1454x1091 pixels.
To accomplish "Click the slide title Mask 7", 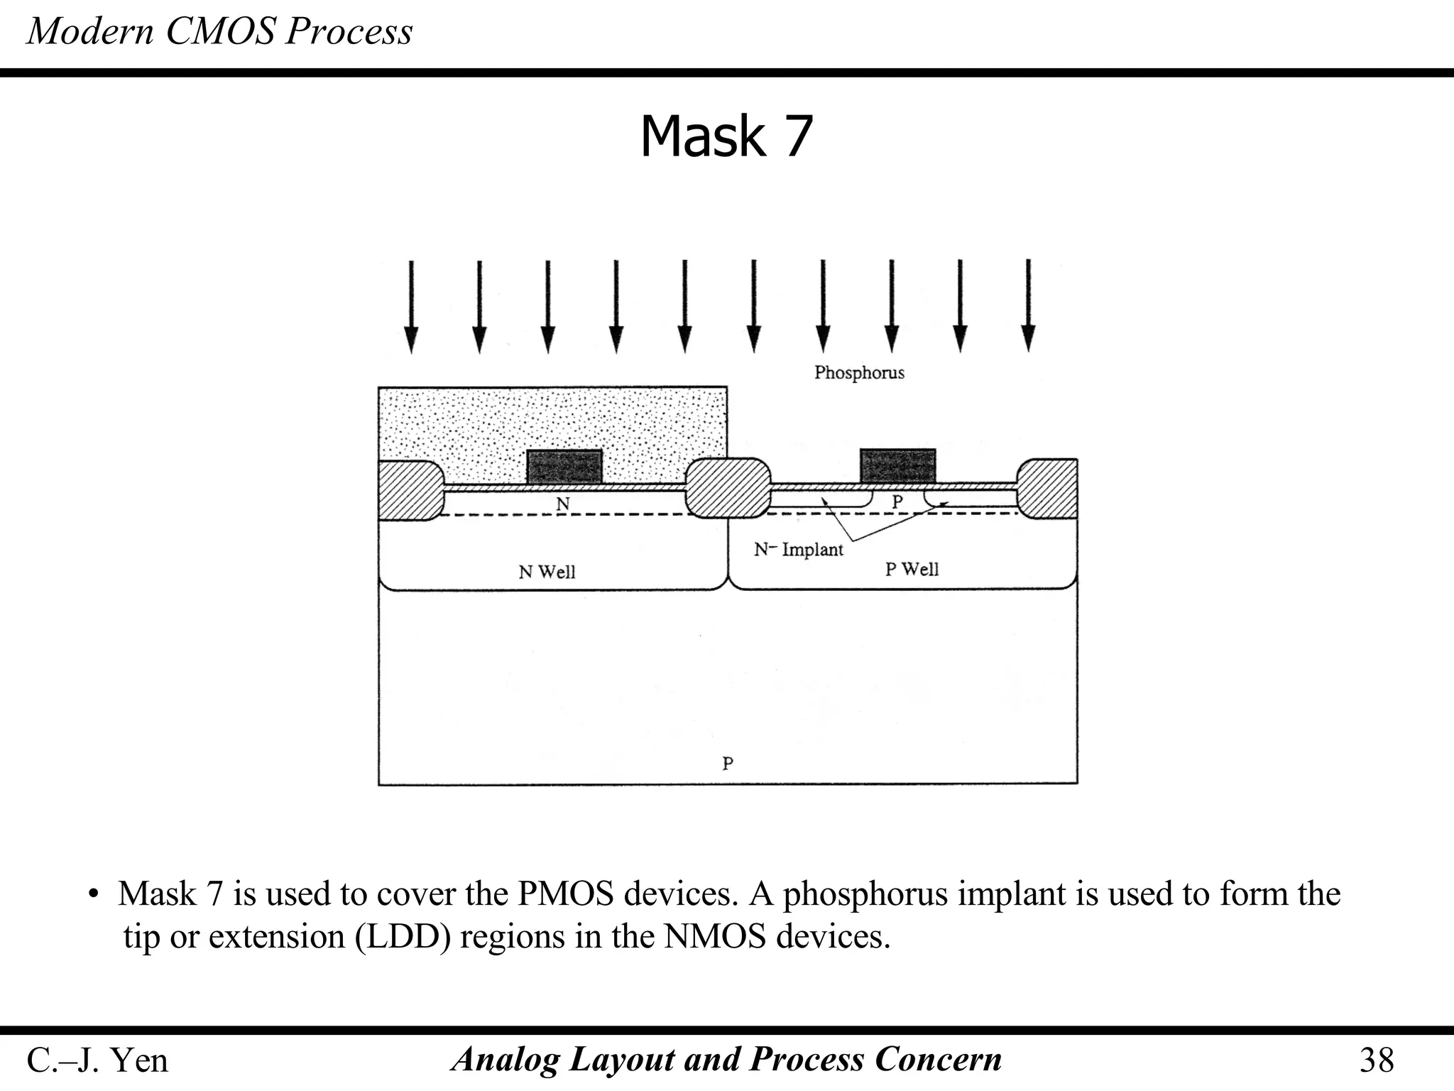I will (726, 136).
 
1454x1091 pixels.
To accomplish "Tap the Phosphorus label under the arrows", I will (859, 372).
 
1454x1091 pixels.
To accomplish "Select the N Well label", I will (547, 572).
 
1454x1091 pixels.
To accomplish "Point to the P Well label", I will (912, 569).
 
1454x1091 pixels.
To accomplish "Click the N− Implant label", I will (798, 549).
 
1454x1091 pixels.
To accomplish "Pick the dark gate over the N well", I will (564, 467).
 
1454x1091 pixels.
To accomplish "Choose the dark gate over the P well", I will (897, 466).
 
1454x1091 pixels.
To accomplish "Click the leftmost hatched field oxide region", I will (409, 490).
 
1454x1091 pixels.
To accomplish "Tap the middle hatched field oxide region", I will (728, 487).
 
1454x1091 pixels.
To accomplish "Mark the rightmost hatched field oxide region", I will (1048, 488).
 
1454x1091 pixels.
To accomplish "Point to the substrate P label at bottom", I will (728, 764).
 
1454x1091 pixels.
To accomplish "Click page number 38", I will (1377, 1060).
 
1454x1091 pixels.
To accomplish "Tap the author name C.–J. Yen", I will (97, 1060).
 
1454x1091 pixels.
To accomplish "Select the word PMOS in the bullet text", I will (565, 894).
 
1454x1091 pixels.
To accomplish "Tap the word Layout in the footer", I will (622, 1059).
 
